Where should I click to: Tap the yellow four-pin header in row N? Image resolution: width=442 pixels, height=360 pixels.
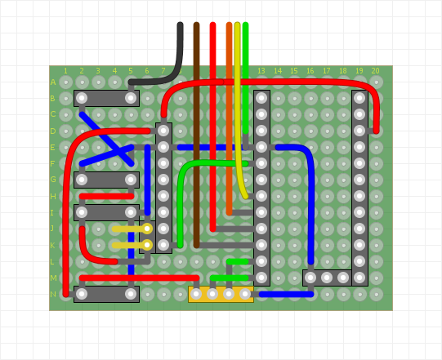click(x=221, y=294)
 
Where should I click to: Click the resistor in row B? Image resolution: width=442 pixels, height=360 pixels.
click(x=106, y=98)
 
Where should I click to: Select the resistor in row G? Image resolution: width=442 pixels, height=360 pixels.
click(x=106, y=180)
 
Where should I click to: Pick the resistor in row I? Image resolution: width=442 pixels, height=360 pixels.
click(x=106, y=212)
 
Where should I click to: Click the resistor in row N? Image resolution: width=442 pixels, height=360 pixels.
click(x=106, y=294)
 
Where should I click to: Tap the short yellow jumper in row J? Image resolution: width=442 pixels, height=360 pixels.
click(x=131, y=229)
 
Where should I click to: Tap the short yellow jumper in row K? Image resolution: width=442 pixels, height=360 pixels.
click(x=131, y=245)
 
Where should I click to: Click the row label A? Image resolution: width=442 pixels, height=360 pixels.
click(x=53, y=82)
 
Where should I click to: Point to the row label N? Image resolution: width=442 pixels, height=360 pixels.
click(x=53, y=294)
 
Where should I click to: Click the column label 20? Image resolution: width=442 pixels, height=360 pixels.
click(x=375, y=71)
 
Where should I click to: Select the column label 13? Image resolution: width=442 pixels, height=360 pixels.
click(x=261, y=71)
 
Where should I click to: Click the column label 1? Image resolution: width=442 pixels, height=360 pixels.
click(x=65, y=71)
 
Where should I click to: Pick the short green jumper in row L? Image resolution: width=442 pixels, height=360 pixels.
click(x=237, y=261)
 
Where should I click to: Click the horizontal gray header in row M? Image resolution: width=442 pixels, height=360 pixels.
click(x=335, y=278)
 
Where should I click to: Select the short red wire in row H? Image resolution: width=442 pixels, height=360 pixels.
click(x=106, y=196)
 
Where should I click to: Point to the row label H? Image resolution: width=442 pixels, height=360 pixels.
click(x=53, y=196)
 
